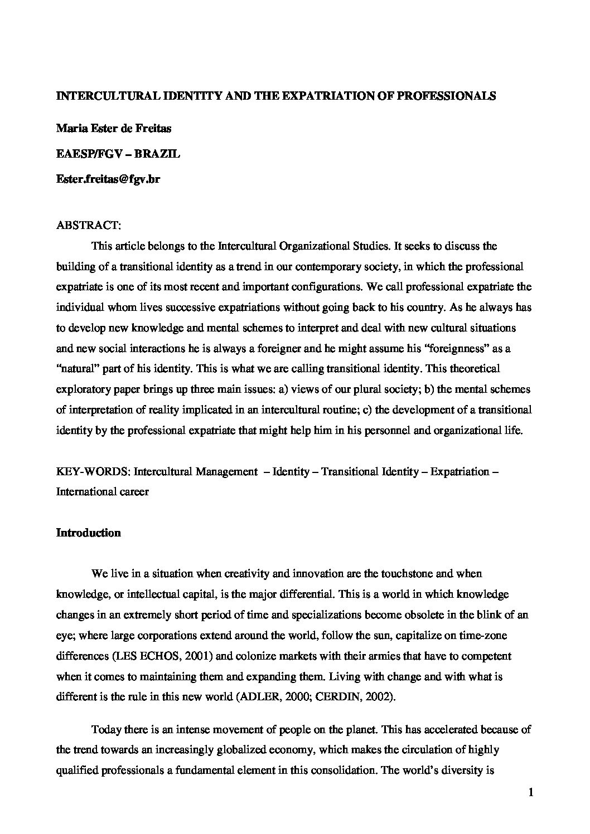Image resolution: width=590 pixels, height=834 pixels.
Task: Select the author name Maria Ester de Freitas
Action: pyautogui.click(x=114, y=128)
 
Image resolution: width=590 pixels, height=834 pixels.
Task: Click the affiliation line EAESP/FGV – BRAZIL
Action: pyautogui.click(x=118, y=154)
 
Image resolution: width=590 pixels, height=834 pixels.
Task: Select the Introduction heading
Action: pyautogui.click(x=89, y=533)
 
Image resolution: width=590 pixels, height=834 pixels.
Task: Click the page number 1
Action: pyautogui.click(x=530, y=793)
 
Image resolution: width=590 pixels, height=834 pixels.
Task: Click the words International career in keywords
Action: pyautogui.click(x=103, y=492)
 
